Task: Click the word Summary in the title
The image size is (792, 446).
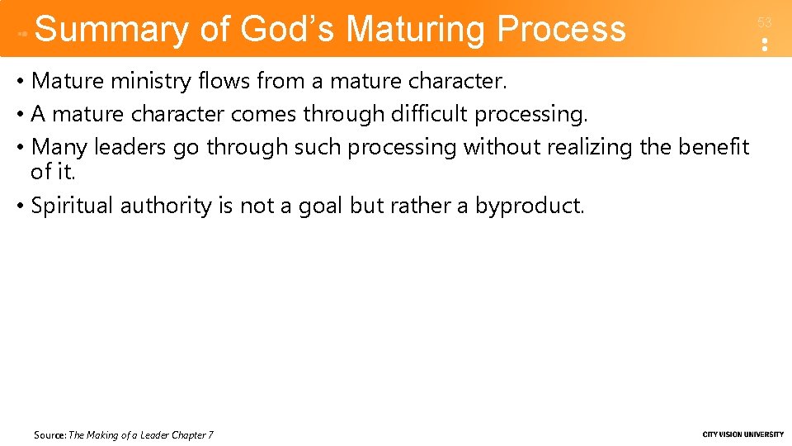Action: click(111, 29)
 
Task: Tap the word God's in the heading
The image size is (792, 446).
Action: click(288, 29)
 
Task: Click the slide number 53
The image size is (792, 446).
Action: click(764, 23)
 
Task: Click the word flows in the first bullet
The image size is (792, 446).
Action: click(219, 81)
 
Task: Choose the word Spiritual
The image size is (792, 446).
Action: click(72, 206)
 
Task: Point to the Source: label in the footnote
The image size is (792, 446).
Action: click(49, 435)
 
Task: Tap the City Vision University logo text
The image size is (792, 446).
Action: click(742, 434)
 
